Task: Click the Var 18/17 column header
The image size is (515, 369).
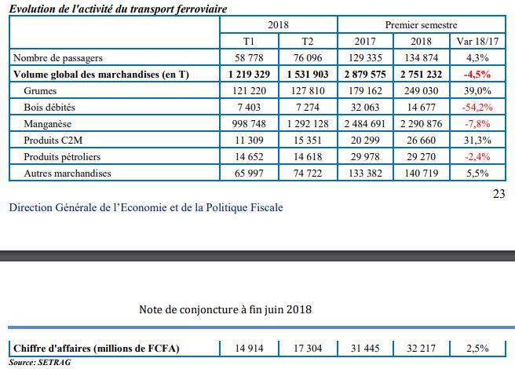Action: click(477, 41)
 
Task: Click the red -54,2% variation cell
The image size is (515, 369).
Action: click(477, 107)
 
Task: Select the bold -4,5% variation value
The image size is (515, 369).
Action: click(477, 74)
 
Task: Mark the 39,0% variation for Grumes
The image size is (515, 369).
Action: click(477, 90)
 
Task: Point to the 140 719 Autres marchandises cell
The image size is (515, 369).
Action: click(422, 173)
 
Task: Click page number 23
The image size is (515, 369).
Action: click(499, 195)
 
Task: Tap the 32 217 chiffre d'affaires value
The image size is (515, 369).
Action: click(422, 347)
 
